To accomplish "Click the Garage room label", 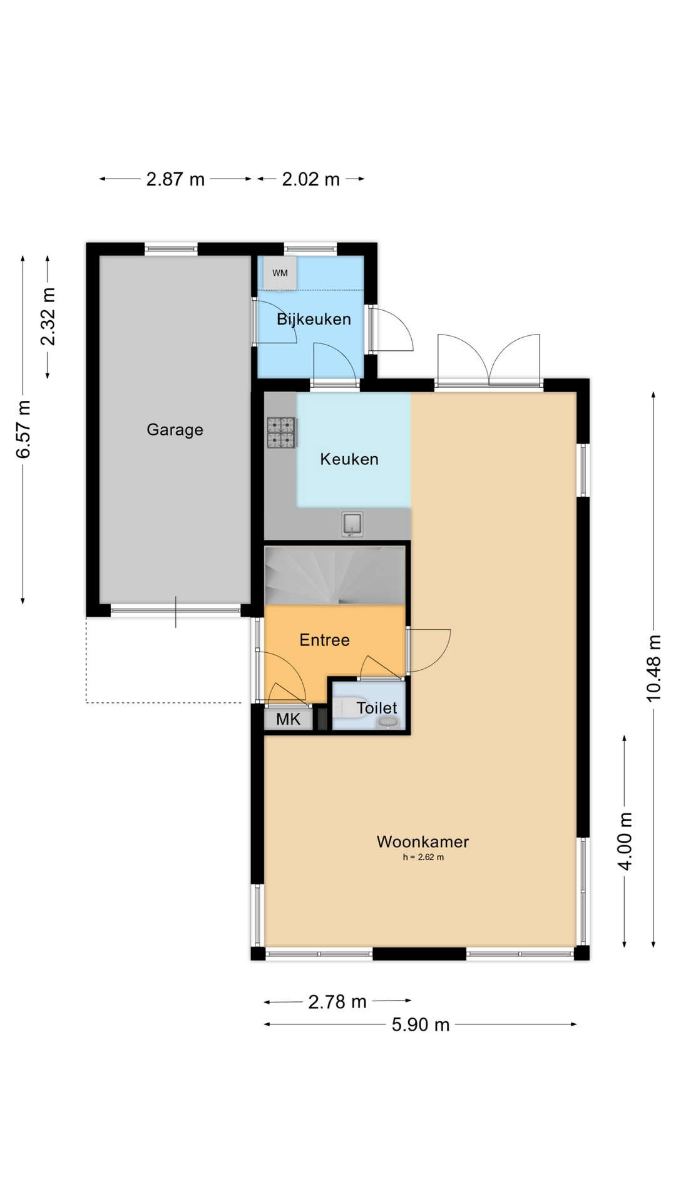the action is point(175,430).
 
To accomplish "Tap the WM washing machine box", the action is point(280,273).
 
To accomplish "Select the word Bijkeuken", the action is point(314,319).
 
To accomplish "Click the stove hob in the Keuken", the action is point(281,433).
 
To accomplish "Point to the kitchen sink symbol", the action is point(352,524).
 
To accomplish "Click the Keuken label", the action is point(349,459).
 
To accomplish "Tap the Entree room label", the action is point(324,640).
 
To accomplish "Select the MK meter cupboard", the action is point(288,719).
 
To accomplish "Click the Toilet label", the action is point(377,708).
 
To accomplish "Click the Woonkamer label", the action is point(422,841).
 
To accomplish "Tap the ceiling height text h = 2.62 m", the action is point(423,857).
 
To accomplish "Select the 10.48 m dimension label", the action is point(653,668).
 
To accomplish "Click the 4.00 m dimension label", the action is point(625,841).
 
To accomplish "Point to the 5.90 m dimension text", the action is point(421,1024).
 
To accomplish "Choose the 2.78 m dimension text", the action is point(337,1002).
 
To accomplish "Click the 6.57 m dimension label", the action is point(23,429).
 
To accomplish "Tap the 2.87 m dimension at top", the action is point(175,179).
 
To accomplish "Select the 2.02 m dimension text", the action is point(310,179).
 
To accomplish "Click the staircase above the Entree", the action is point(334,575).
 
